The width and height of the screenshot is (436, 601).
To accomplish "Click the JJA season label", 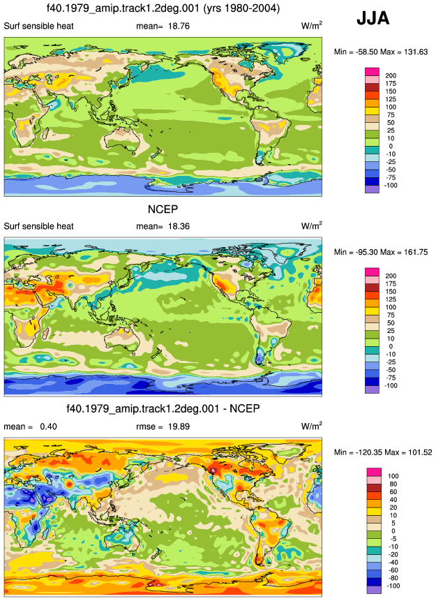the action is [373, 18].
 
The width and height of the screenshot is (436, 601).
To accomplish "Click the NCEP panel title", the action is [163, 209].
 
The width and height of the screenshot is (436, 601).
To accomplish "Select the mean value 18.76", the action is [179, 26].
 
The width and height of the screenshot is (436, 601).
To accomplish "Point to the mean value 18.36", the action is [179, 226].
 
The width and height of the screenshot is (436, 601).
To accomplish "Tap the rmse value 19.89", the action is [179, 426].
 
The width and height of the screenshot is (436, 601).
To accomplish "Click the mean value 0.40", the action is [48, 426].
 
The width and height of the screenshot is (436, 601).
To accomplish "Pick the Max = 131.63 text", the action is [404, 52].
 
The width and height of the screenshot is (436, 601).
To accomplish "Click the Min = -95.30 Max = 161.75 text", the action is [381, 252].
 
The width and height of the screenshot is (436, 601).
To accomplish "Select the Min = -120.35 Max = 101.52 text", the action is [383, 452].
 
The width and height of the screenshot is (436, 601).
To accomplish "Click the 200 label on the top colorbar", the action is [391, 76].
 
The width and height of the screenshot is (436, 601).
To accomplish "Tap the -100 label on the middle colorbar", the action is [391, 385].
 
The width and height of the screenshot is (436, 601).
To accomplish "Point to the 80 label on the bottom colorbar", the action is [393, 484].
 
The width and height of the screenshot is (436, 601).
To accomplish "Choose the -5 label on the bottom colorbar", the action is [393, 539].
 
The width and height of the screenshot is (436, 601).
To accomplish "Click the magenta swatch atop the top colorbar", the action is [372, 72].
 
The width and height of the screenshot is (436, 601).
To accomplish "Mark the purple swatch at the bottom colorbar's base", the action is [374, 590].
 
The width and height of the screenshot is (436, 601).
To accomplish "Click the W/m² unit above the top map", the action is [312, 26].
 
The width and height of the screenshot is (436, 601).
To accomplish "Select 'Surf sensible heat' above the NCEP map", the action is [38, 226].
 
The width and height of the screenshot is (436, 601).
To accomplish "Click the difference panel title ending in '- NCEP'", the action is [163, 408].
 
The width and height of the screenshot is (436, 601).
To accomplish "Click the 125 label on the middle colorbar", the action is [391, 299].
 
